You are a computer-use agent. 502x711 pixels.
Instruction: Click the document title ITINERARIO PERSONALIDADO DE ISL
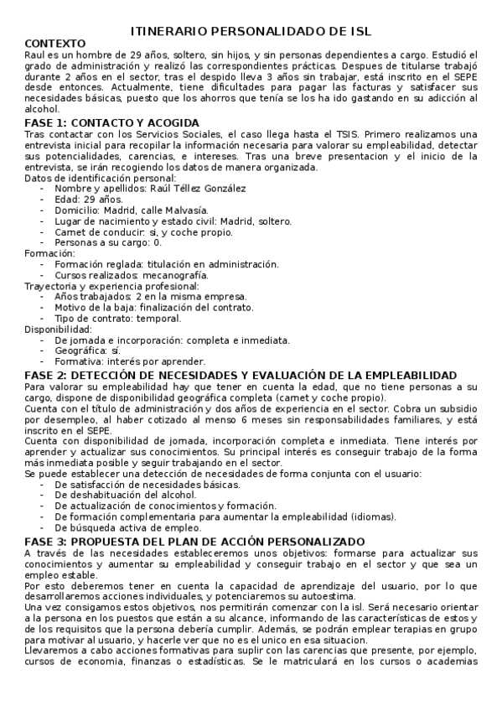(x=251, y=30)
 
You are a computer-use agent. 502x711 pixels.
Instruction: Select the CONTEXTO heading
(x=55, y=42)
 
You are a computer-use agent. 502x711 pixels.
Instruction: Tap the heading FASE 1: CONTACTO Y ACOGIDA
(x=111, y=122)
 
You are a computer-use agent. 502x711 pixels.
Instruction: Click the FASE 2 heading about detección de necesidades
(x=241, y=375)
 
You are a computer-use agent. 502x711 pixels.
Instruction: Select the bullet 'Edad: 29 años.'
(x=88, y=200)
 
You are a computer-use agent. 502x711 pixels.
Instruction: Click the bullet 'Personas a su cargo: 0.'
(x=108, y=242)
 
